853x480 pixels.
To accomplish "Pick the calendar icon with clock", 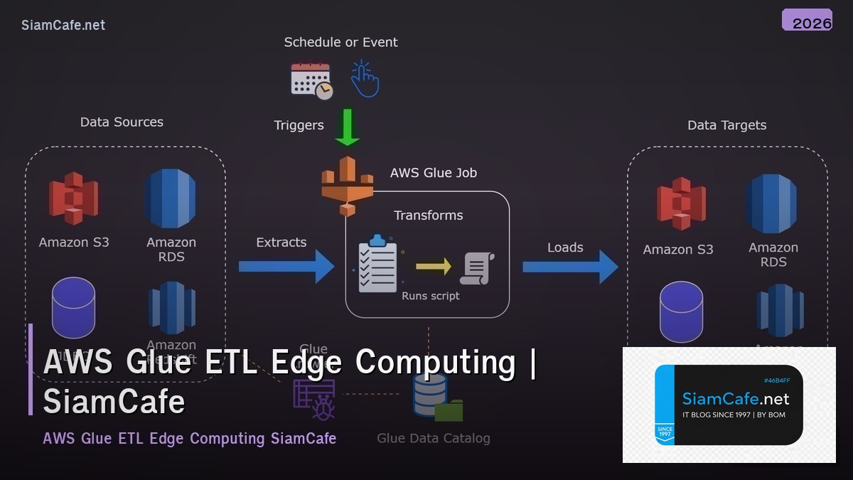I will [311, 80].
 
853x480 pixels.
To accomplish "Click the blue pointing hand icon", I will [365, 79].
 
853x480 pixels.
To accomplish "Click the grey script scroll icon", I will [477, 268].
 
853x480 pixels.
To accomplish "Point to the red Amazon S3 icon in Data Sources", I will [73, 198].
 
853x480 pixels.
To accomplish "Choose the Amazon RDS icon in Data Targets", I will [772, 203].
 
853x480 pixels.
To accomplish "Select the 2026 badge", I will [808, 21].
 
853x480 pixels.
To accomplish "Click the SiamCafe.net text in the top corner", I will [63, 25].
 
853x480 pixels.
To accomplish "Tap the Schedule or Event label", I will [340, 42].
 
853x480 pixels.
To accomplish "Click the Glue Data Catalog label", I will [433, 438].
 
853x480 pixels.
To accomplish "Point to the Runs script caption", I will [430, 296].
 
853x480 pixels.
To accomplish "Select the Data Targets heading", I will [726, 125].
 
